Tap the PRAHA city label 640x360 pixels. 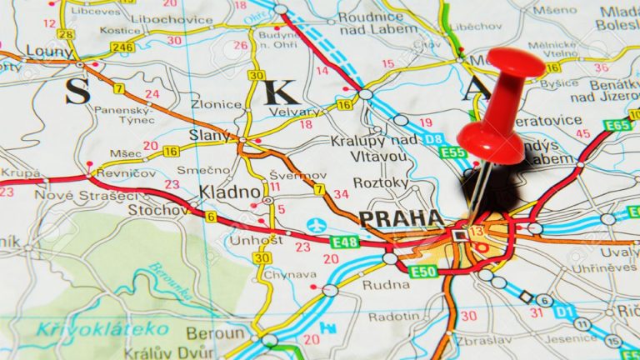click(x=401, y=218)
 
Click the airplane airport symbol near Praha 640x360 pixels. click(x=317, y=225)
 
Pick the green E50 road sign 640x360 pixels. click(x=423, y=271)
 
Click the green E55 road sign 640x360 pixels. click(x=453, y=152)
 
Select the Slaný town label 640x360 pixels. click(x=209, y=135)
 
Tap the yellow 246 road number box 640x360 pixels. click(x=122, y=47)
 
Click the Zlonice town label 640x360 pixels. click(x=216, y=106)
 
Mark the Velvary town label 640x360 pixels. click(x=292, y=112)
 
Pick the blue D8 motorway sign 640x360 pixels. click(x=427, y=138)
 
